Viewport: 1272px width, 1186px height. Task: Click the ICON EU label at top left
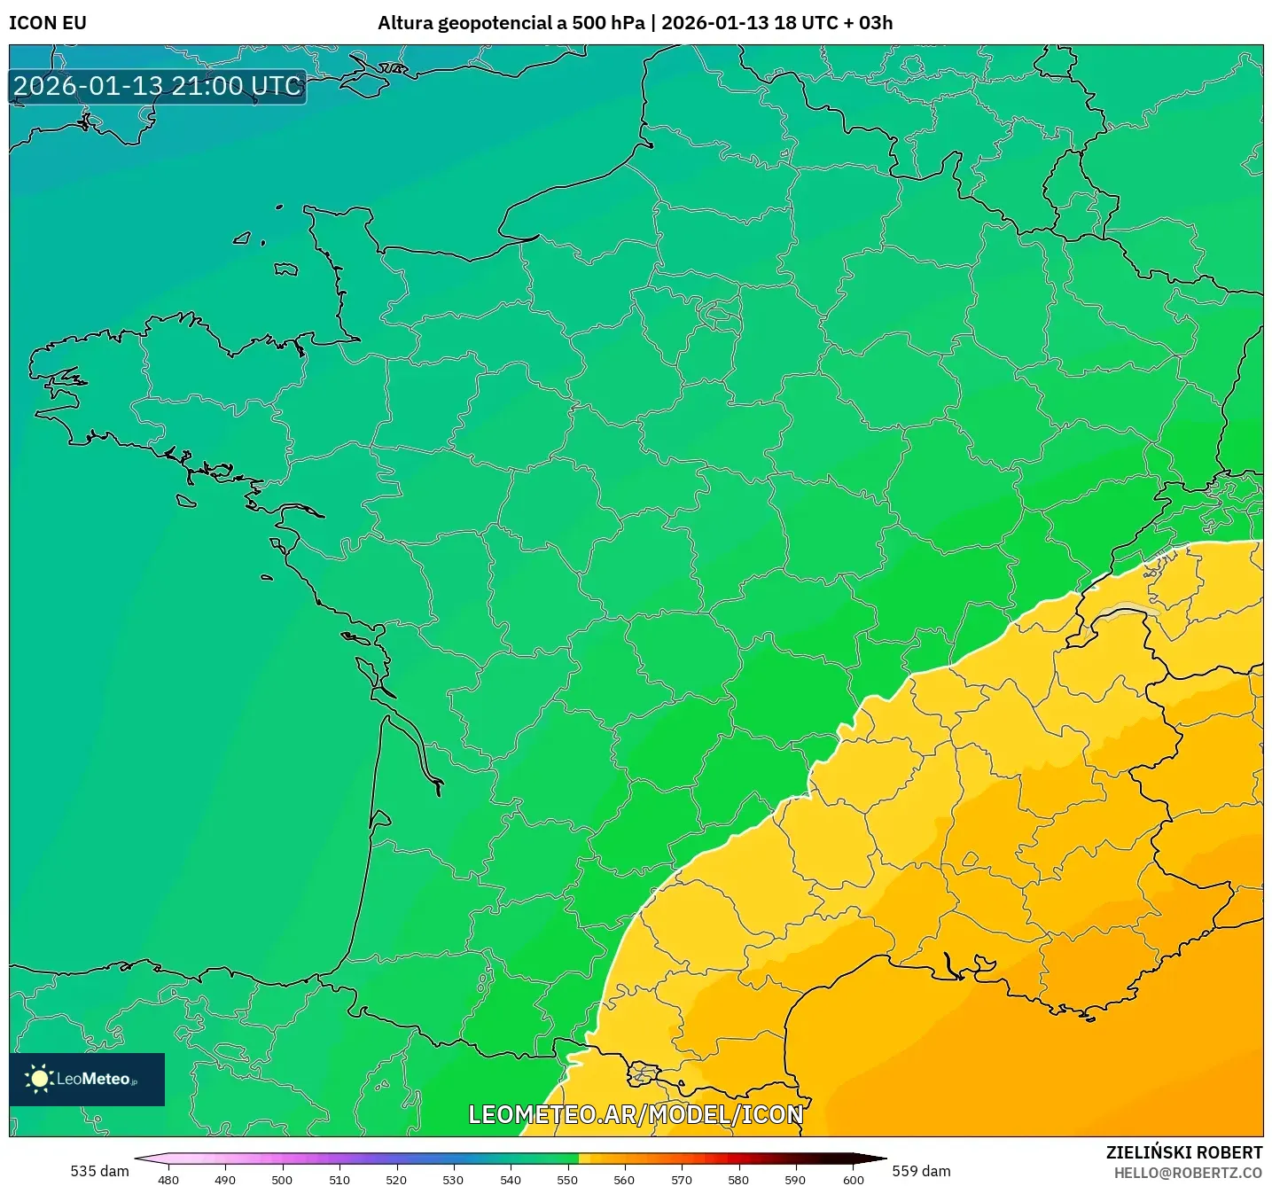pos(48,23)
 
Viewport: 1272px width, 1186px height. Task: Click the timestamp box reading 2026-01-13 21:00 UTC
pos(158,87)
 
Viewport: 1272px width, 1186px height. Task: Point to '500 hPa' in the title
pos(608,23)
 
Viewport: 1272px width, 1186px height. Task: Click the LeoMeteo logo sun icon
pos(39,1079)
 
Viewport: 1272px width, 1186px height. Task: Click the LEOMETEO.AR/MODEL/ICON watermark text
pos(636,1114)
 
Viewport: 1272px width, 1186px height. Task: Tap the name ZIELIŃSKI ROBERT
pos(1184,1152)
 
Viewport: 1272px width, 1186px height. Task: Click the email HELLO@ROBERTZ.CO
pos(1188,1173)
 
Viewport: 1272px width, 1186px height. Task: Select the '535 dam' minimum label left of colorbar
pos(99,1171)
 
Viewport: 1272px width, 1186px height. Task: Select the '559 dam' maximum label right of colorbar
pos(921,1171)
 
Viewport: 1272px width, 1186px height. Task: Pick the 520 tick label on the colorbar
pos(396,1180)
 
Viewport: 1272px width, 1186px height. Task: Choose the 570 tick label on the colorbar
pos(682,1180)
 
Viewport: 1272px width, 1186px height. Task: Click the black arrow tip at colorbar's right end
pos(883,1159)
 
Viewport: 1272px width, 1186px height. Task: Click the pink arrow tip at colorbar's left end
pos(138,1159)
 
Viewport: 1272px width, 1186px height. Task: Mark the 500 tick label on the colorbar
pos(282,1180)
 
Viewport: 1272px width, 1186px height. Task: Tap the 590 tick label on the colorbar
pos(795,1180)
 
